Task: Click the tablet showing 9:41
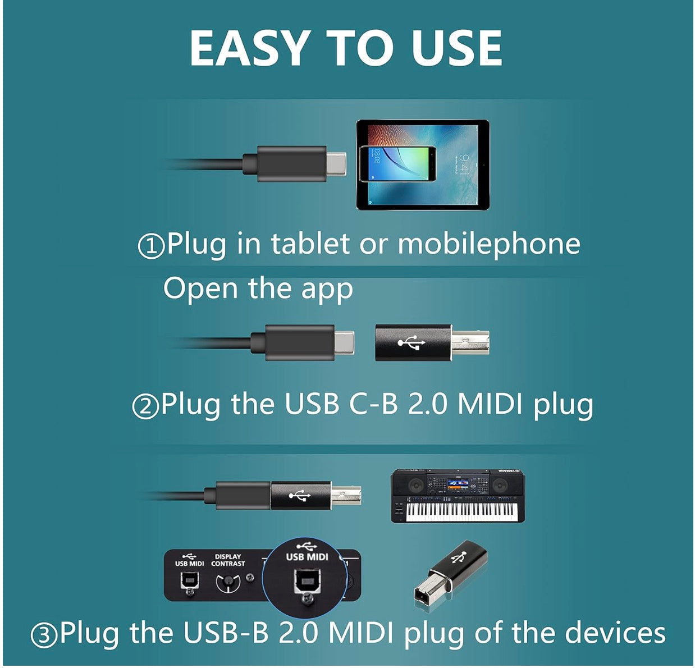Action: tap(423, 165)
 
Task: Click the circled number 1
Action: tap(150, 246)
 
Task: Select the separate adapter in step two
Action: tap(431, 342)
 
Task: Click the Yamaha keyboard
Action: tap(458, 496)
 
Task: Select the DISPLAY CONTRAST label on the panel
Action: tap(228, 560)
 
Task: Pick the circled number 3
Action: tap(44, 635)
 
